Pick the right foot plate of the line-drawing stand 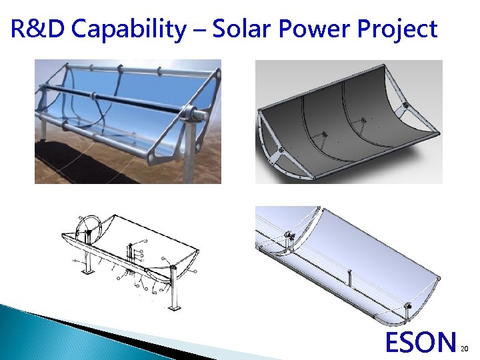pos(175,307)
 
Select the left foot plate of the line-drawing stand pos(87,273)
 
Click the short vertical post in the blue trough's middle pos(349,277)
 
